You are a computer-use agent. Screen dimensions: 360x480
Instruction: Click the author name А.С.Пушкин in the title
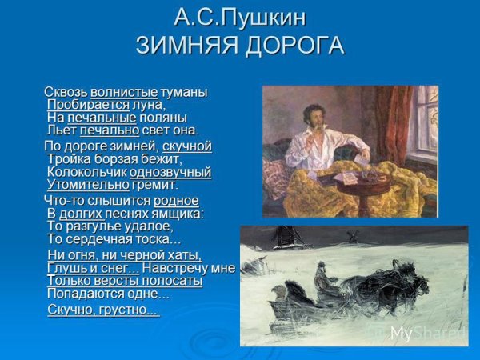point(239,18)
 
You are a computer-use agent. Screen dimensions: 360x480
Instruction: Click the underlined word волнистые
point(124,92)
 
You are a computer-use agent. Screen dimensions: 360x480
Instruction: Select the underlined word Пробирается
point(88,105)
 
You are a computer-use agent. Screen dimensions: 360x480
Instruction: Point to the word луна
point(147,105)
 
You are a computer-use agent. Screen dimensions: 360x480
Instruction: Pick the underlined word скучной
point(186,146)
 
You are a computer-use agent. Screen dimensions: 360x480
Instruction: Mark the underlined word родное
point(176,201)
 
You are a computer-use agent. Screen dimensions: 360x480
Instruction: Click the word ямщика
point(177,214)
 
